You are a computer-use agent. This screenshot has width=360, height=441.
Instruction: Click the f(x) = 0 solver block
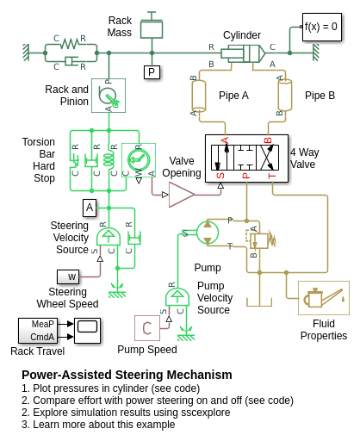(322, 27)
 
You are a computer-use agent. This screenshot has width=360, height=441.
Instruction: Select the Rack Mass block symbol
(152, 28)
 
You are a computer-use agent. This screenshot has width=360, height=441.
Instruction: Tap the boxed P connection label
(152, 72)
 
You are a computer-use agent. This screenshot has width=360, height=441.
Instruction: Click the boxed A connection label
(90, 208)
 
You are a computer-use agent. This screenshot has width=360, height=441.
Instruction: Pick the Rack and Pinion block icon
(109, 96)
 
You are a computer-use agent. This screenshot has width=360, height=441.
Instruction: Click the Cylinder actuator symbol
(243, 53)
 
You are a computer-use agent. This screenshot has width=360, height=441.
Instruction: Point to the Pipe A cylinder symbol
(199, 96)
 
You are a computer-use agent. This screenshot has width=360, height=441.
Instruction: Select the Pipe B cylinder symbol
(285, 96)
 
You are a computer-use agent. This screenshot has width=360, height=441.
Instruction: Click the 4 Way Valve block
(246, 158)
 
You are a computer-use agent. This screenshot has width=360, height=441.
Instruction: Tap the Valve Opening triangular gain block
(182, 195)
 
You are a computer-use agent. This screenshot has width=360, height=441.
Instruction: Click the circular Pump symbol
(208, 233)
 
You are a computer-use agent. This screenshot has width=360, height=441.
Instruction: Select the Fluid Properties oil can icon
(324, 298)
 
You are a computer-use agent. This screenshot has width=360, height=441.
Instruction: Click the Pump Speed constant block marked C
(147, 328)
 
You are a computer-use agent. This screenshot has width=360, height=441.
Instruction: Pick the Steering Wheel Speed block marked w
(68, 276)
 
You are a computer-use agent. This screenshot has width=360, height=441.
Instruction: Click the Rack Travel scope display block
(87, 331)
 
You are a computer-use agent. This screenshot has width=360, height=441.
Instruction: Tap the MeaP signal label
(42, 324)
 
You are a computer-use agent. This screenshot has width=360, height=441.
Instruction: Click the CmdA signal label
(42, 337)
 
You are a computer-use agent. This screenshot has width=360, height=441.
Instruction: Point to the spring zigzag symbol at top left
(70, 44)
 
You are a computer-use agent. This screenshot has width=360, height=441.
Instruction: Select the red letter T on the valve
(271, 176)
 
